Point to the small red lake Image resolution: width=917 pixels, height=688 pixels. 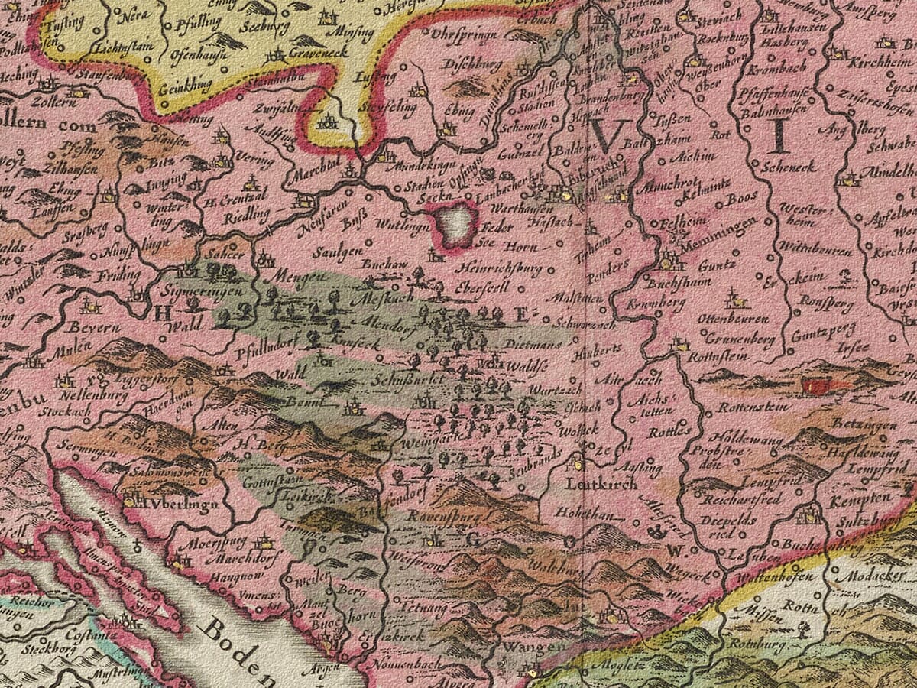point(818,387)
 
